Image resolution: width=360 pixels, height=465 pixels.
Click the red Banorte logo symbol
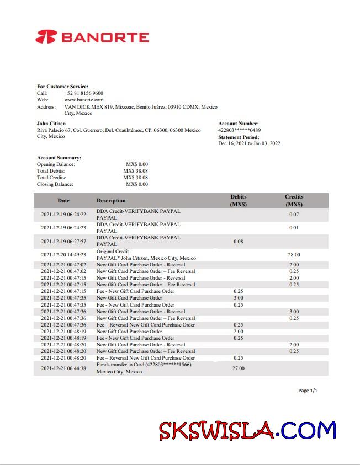[46, 37]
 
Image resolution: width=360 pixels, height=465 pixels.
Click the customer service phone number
[83, 93]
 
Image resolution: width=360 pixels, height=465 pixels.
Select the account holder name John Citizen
[51, 124]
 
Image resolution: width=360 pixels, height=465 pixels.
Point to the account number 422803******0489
[240, 130]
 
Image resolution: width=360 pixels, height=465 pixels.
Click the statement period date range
[249, 143]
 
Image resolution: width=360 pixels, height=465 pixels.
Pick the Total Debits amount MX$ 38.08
[135, 171]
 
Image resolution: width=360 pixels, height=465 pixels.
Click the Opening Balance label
[56, 164]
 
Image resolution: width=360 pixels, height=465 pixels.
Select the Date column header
[63, 200]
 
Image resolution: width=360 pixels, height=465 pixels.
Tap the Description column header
[111, 200]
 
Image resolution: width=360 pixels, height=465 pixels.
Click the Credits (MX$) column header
[294, 200]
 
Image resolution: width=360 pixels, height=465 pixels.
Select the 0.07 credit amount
[294, 215]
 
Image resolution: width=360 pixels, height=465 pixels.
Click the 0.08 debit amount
[239, 241]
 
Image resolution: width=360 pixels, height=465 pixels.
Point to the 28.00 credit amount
[294, 255]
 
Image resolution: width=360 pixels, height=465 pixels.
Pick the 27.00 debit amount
[239, 368]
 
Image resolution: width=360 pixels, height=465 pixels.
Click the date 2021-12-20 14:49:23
[63, 255]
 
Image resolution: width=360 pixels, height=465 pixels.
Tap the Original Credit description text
[113, 252]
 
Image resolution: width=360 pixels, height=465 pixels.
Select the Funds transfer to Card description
[144, 365]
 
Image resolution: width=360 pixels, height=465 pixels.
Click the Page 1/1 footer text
[308, 391]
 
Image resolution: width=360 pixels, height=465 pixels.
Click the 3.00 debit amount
[239, 298]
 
